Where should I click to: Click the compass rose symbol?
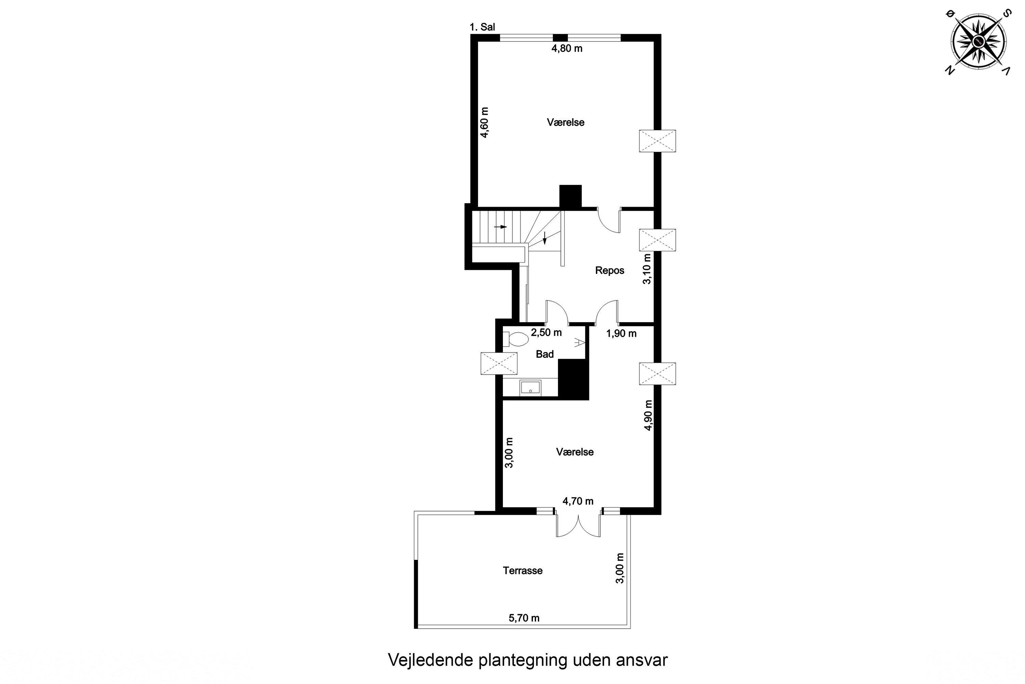978,42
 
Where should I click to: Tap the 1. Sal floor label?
482,27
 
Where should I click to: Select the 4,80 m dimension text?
567,49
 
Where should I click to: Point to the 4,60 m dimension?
484,122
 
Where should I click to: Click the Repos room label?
610,271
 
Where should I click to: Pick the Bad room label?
545,354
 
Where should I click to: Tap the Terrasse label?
522,570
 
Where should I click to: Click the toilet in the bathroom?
515,339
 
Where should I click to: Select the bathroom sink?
530,388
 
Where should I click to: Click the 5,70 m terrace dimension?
524,618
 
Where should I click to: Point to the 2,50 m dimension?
546,332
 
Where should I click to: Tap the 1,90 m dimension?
621,334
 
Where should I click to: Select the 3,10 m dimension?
647,269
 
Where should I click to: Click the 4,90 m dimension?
648,415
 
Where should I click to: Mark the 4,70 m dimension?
578,501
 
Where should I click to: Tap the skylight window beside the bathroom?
499,363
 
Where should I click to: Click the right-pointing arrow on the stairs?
500,227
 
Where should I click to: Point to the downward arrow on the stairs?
544,238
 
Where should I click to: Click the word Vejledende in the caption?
430,660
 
